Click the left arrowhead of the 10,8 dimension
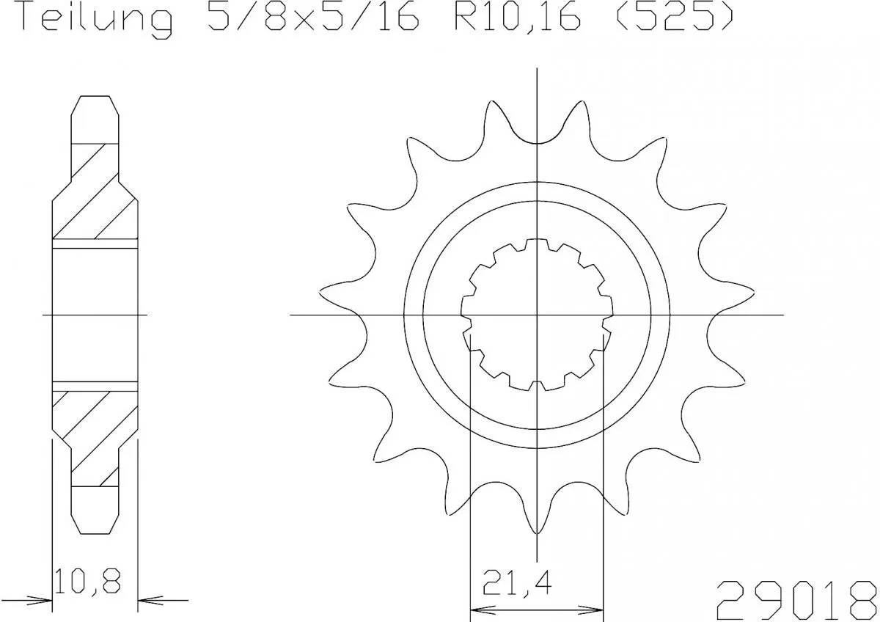tap(43, 599)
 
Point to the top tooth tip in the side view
tap(95, 98)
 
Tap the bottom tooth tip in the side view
tap(95, 531)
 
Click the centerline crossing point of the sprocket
tap(538, 315)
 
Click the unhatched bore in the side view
tap(95, 315)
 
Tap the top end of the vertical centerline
tap(538, 69)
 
